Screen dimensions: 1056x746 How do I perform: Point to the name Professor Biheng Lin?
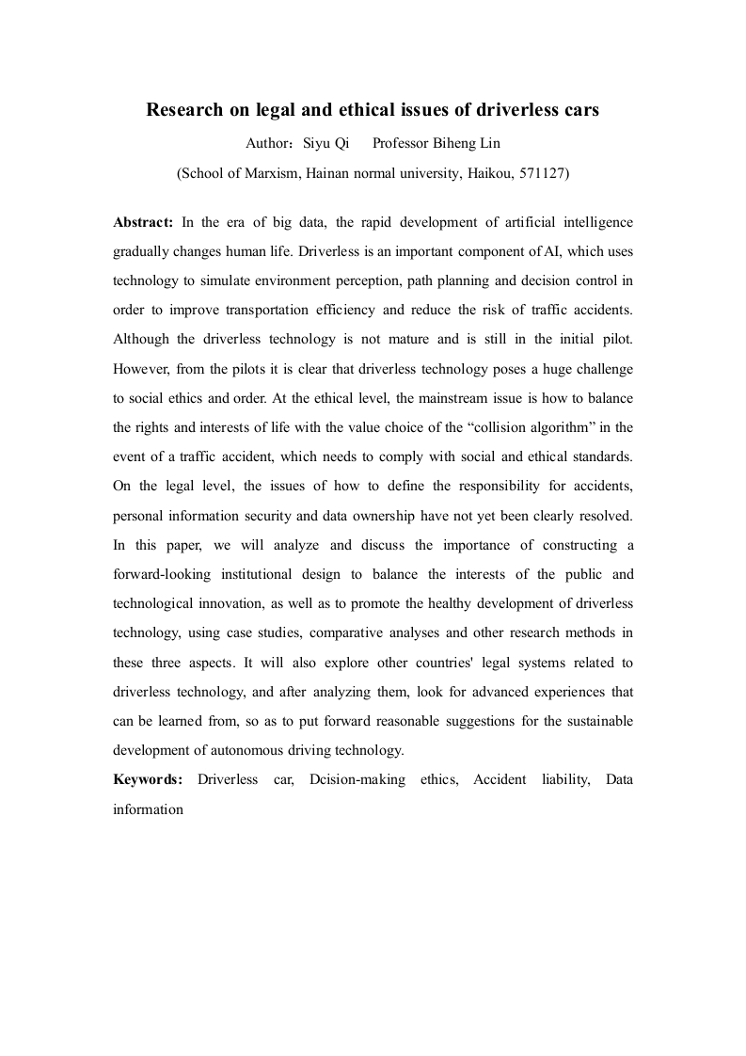(x=437, y=144)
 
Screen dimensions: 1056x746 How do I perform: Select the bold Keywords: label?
(x=148, y=779)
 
